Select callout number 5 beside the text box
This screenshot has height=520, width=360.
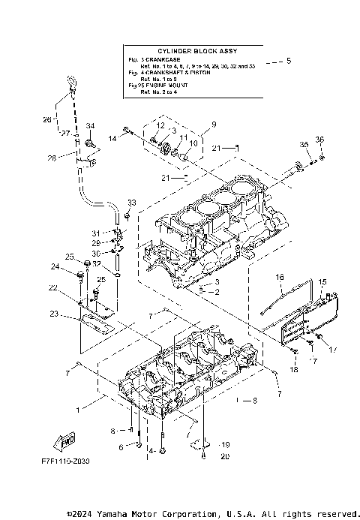click(290, 60)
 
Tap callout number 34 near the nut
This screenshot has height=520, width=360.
click(91, 125)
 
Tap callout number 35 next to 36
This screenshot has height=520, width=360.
click(303, 144)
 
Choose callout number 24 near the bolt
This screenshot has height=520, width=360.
click(55, 266)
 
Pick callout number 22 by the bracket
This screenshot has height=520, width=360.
click(53, 287)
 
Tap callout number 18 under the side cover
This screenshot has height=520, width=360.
click(293, 368)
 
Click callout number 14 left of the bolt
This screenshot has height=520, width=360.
click(112, 138)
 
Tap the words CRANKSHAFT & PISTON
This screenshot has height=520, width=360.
click(175, 73)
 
